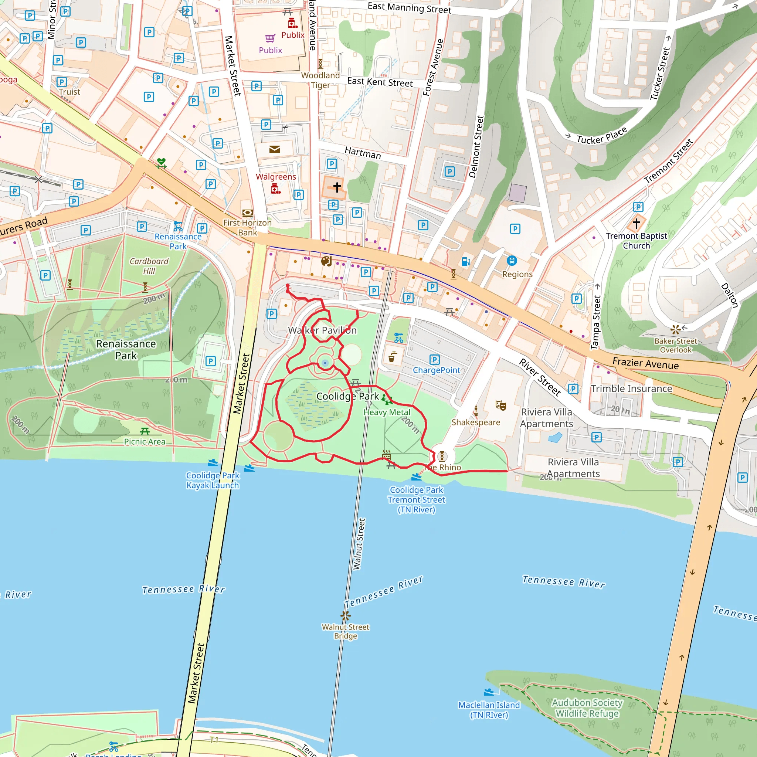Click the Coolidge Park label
[x=347, y=396]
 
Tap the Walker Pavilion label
[x=322, y=330]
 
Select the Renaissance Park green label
[x=126, y=350]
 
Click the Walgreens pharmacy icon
[x=276, y=189]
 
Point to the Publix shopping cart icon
[x=270, y=38]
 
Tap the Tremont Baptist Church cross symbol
[x=637, y=223]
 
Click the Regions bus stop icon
[x=512, y=261]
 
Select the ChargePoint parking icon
[x=435, y=359]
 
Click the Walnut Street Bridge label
[x=345, y=631]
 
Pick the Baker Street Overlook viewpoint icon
[x=675, y=329]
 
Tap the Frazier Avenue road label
[x=645, y=363]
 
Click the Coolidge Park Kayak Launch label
[x=213, y=480]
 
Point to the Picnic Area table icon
[x=145, y=431]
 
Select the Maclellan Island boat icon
[x=489, y=692]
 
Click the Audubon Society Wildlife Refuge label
[x=587, y=707]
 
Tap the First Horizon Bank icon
[x=247, y=213]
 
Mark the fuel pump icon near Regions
[x=465, y=261]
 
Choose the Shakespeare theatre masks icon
[x=500, y=405]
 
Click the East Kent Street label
[x=380, y=82]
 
